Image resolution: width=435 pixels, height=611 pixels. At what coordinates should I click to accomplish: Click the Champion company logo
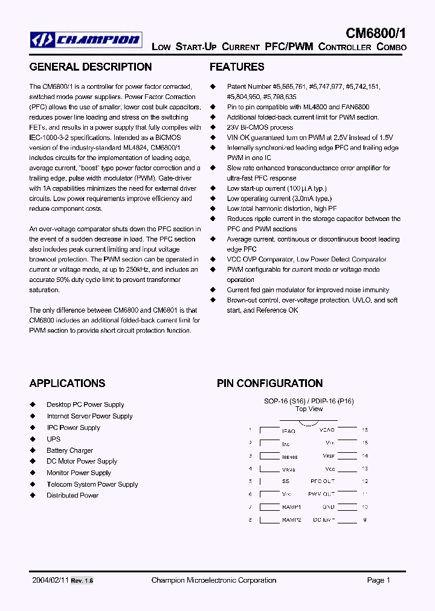(x=86, y=40)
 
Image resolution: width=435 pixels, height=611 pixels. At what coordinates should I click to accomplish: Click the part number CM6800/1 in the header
(x=376, y=33)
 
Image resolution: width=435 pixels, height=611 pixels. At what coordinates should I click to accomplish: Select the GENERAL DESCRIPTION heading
(x=91, y=67)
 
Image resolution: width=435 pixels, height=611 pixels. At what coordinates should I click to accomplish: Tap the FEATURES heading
(x=237, y=67)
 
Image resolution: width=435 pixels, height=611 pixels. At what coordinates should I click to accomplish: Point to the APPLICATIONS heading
(x=67, y=383)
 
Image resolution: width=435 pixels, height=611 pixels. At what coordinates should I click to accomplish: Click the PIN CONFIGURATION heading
(x=269, y=383)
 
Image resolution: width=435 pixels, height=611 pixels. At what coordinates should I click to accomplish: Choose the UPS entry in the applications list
(x=54, y=439)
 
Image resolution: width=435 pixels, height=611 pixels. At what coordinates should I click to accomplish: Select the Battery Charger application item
(x=70, y=450)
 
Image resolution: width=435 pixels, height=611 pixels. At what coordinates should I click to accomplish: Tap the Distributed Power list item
(x=72, y=496)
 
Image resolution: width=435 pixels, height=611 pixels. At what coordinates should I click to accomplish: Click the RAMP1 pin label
(x=291, y=508)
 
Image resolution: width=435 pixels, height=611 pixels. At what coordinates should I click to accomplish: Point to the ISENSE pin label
(x=289, y=457)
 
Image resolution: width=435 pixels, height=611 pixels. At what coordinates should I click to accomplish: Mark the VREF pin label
(x=329, y=456)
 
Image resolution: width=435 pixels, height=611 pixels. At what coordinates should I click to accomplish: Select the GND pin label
(x=329, y=508)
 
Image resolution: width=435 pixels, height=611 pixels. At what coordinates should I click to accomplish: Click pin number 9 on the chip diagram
(x=365, y=519)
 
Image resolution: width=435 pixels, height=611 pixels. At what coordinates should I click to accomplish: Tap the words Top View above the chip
(x=309, y=409)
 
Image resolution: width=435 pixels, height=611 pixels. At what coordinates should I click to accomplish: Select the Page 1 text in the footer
(x=379, y=580)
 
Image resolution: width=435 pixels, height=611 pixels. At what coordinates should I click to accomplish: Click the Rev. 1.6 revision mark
(x=82, y=581)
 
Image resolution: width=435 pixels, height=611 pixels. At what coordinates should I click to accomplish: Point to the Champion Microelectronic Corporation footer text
(x=213, y=580)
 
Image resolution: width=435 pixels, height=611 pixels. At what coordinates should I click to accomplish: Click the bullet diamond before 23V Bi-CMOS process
(x=213, y=127)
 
